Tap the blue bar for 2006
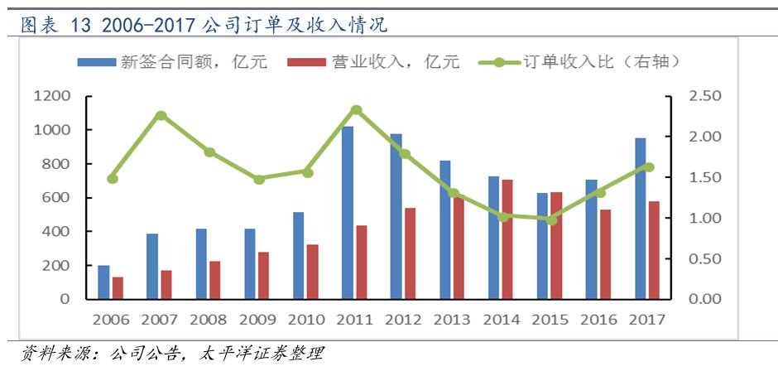point(103,282)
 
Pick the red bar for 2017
point(655,249)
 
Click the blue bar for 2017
point(641,218)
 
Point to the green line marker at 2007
point(161,116)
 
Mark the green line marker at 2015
point(552,219)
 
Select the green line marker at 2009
point(259,179)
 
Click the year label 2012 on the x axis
point(403,320)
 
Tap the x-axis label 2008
point(208,320)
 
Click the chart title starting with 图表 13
point(203,26)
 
